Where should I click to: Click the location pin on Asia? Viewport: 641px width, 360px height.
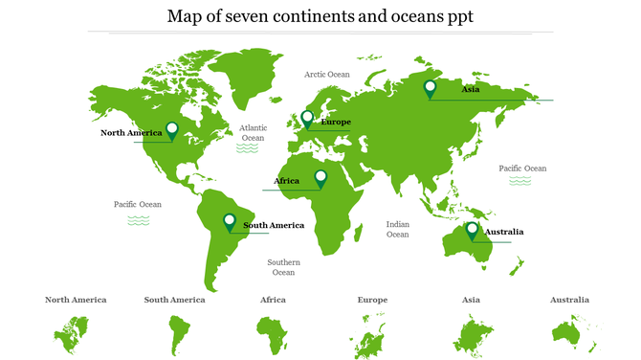431,89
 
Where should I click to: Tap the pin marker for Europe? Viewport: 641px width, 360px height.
307,119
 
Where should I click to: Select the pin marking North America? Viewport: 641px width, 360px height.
172,130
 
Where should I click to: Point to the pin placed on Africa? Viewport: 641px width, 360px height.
320,178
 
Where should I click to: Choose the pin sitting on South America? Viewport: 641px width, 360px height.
230,222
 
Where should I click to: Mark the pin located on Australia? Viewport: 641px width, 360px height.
472,230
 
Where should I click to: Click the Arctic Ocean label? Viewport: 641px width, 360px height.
327,74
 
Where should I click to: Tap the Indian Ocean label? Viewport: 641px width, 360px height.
397,229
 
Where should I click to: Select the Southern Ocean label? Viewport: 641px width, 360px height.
283,267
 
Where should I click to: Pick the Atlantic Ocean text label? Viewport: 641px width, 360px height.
254,132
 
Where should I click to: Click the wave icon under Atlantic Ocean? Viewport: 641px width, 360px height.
250,149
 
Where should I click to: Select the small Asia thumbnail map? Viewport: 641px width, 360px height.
471,335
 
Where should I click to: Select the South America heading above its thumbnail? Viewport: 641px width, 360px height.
174,300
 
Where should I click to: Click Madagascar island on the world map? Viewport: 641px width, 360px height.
358,233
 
